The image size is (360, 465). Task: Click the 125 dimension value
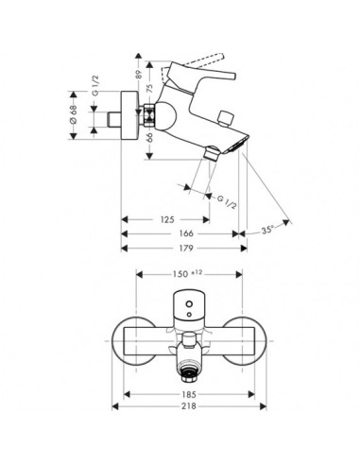(x=167, y=219)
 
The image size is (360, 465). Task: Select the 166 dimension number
(x=186, y=233)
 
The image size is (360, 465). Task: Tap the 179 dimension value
(x=186, y=249)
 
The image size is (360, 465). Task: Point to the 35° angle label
(x=267, y=230)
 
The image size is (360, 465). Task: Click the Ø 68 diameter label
(x=74, y=115)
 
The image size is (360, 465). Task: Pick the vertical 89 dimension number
(x=139, y=74)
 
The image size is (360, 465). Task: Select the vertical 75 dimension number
(x=150, y=87)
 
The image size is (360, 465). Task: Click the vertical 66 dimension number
(x=150, y=137)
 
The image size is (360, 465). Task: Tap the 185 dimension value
(x=189, y=394)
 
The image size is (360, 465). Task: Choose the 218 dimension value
(x=189, y=406)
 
